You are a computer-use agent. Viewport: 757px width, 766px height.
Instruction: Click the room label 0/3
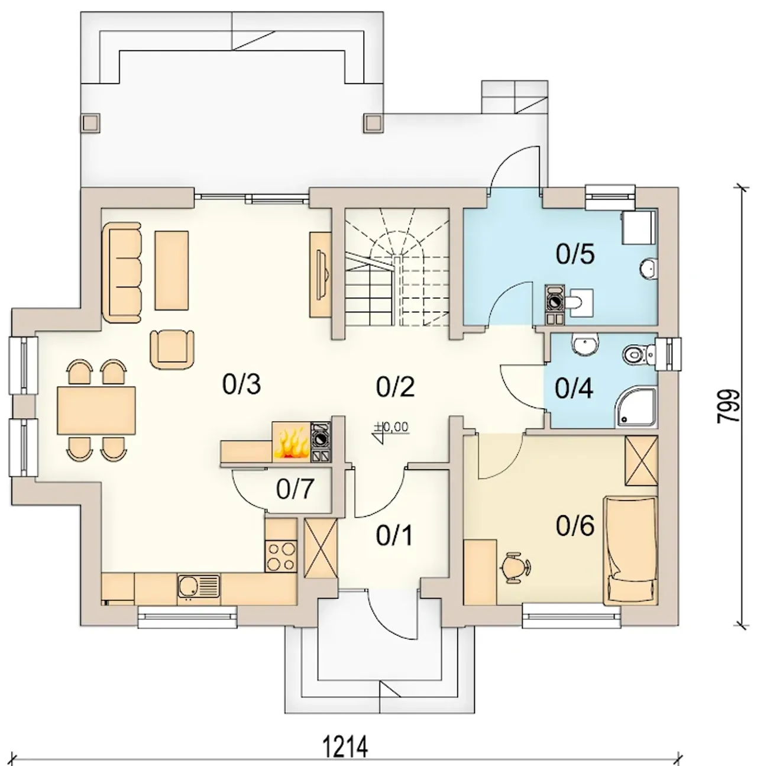tap(241, 385)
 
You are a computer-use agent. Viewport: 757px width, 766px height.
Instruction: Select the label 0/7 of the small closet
tap(295, 489)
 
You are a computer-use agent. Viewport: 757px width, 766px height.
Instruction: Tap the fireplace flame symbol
tap(292, 445)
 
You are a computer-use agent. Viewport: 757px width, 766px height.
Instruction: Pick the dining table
tap(96, 411)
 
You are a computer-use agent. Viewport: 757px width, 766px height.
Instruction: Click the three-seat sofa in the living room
tap(122, 272)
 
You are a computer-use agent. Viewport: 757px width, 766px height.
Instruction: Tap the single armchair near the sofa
tap(172, 348)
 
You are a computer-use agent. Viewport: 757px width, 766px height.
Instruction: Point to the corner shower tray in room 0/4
tap(636, 408)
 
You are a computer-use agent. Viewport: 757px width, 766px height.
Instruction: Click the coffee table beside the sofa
tap(172, 270)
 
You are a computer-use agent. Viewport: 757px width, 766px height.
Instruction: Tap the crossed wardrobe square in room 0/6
tap(641, 461)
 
